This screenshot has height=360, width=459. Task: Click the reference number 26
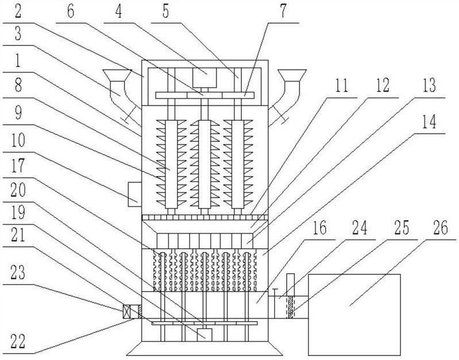[x=440, y=228]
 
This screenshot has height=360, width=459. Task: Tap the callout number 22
[x=18, y=342]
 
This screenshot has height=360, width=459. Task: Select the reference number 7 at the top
[x=283, y=12]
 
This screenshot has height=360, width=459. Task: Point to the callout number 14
[x=429, y=122]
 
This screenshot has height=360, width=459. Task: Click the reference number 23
[x=18, y=273]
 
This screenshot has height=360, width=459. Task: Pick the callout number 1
[x=18, y=60]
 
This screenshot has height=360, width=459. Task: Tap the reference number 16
[x=319, y=228]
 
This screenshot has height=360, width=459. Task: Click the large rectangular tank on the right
[x=354, y=315]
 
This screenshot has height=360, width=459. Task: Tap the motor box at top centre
[x=205, y=78]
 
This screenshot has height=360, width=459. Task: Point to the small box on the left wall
[x=135, y=194]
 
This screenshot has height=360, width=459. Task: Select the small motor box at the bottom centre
[x=205, y=335]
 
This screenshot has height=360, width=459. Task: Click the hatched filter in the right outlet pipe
[x=290, y=307]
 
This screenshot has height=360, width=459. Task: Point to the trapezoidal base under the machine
[x=205, y=348]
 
